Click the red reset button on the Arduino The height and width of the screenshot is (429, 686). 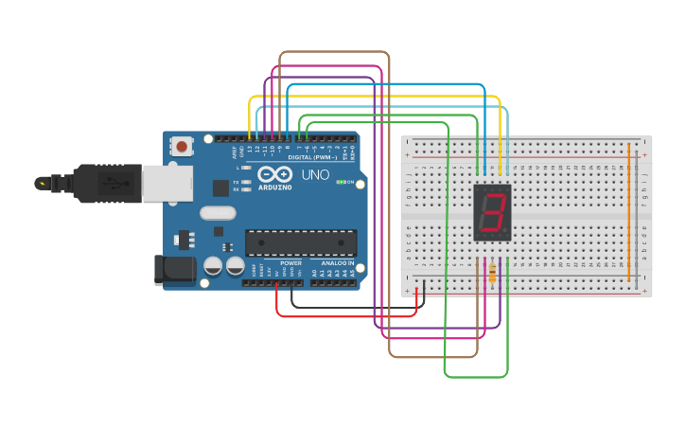(x=181, y=146)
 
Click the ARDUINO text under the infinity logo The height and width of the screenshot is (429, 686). (x=274, y=188)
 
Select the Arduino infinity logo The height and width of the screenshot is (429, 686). (x=274, y=175)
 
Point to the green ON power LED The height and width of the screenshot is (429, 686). (x=341, y=182)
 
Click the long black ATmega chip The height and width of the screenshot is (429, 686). (x=301, y=242)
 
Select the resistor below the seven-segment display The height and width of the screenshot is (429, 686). (x=492, y=274)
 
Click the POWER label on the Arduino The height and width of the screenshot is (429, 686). (x=290, y=262)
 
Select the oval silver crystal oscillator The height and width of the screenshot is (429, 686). (x=218, y=213)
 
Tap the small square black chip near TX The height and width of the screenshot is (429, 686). (x=220, y=188)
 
